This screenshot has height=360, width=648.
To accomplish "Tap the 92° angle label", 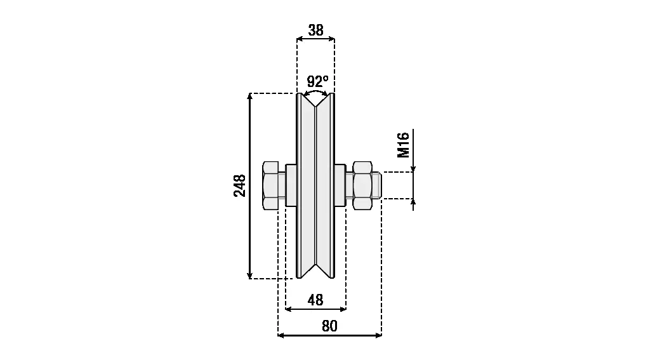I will tap(317, 81).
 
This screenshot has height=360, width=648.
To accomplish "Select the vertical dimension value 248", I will tap(240, 185).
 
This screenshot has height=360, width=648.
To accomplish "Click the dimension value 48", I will tap(315, 300).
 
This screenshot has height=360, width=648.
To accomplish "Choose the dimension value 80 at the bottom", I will tap(329, 326).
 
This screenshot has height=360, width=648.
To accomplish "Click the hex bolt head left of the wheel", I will tap(271, 185).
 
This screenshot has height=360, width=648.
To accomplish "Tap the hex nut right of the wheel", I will tap(361, 185).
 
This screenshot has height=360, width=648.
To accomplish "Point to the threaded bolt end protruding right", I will tap(376, 185).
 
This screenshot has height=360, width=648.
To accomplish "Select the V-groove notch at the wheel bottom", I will tap(316, 271).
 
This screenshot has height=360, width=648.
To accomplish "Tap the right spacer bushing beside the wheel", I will tap(340, 185).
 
